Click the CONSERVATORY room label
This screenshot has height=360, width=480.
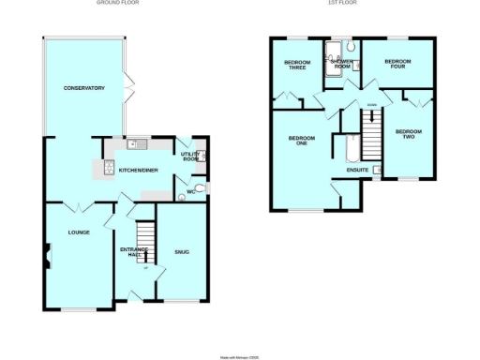click(83, 88)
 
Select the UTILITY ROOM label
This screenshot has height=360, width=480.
click(193, 157)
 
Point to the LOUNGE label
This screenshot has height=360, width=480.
click(78, 231)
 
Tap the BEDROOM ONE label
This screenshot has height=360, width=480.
click(302, 141)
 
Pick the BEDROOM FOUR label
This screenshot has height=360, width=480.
click(397, 65)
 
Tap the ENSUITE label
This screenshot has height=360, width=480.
click(356, 171)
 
